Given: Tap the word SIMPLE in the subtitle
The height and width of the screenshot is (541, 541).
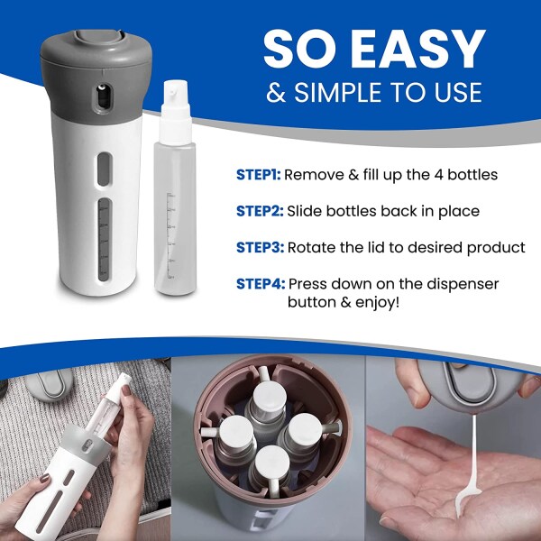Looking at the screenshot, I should click(x=342, y=93).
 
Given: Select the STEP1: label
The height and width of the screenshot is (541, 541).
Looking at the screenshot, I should click(x=259, y=174).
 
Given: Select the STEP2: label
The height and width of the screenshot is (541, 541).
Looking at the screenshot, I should click(x=260, y=210).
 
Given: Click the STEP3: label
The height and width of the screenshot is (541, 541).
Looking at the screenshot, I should click(x=260, y=247).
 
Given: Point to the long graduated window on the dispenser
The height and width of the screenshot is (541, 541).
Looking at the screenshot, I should click(x=103, y=240).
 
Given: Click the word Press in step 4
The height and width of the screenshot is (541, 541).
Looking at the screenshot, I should click(x=311, y=284).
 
